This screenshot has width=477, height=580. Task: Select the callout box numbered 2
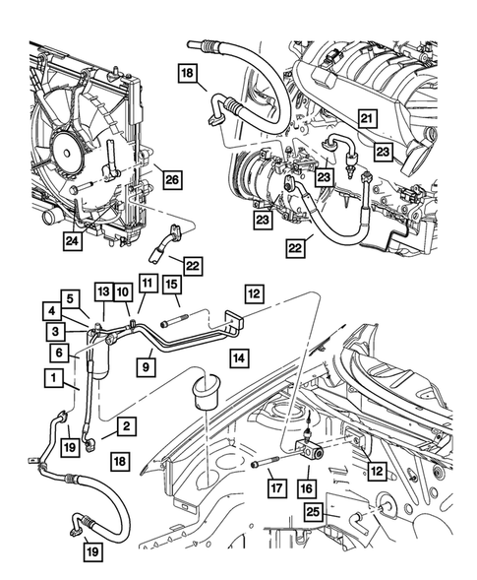[x=126, y=425]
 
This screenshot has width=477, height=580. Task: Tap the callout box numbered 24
[x=74, y=239]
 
